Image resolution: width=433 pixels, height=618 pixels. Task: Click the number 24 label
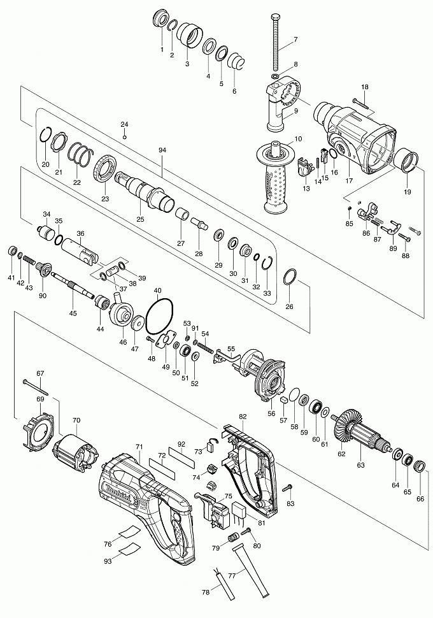coord(124,124)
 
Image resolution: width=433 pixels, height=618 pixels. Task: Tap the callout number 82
coord(243,416)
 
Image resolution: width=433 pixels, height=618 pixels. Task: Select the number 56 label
coord(271,413)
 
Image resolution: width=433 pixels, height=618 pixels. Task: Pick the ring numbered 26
coord(290,278)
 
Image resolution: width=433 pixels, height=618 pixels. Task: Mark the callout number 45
coord(73,313)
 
